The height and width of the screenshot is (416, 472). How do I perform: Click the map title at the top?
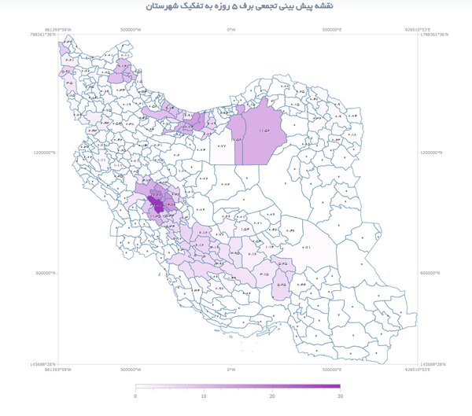(x=235, y=7)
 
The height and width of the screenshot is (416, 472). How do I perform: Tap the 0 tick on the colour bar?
(x=136, y=396)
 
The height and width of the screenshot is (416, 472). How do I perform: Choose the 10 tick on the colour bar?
(x=204, y=396)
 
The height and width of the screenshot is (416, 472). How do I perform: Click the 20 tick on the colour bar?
(x=272, y=396)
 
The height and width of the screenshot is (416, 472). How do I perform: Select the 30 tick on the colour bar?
(x=340, y=396)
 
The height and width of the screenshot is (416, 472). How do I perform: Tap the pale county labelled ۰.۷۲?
(x=221, y=148)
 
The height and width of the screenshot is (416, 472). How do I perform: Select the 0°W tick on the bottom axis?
(x=231, y=369)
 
